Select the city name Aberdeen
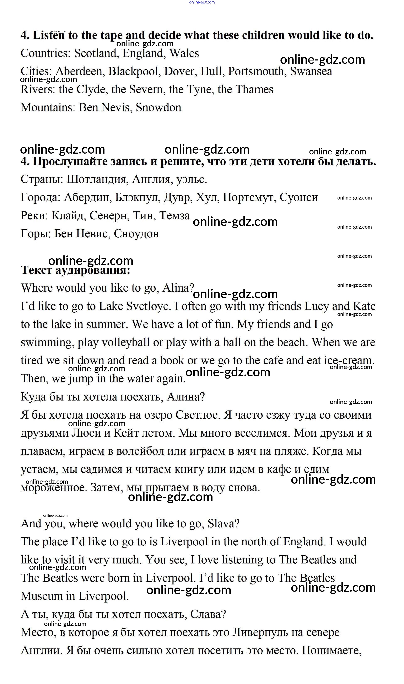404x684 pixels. coord(79,72)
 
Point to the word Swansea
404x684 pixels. coord(311,72)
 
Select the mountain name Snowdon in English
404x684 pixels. coord(158,108)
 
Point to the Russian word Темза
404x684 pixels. coord(174,216)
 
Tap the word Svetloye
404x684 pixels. coord(148,306)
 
